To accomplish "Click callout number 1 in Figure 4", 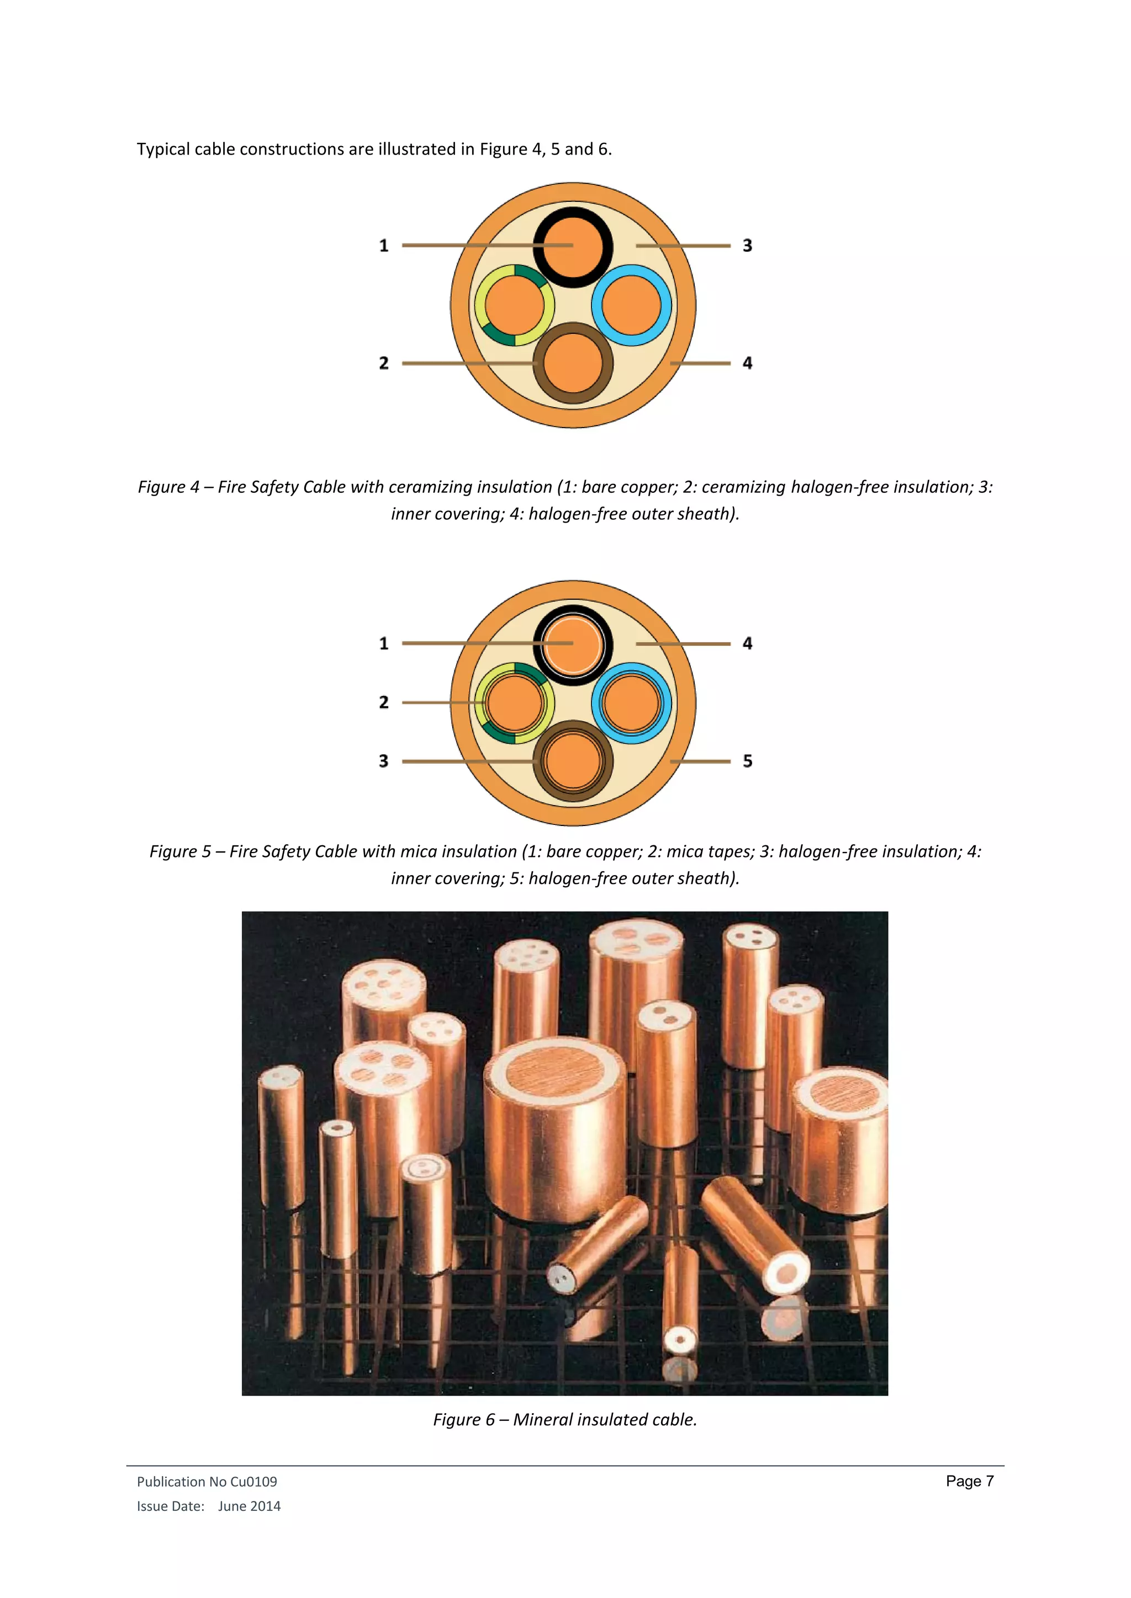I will click(x=384, y=246).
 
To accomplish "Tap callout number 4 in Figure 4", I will click(x=747, y=363).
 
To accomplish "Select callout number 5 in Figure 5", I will click(x=747, y=761).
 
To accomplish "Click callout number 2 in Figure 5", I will click(x=384, y=702).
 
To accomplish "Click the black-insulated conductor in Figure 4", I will click(x=573, y=247).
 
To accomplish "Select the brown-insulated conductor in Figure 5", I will click(x=573, y=761).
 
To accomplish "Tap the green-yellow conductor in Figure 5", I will click(x=515, y=703).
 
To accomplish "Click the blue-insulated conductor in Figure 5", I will click(x=631, y=703).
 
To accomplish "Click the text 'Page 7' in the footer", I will click(x=969, y=1481).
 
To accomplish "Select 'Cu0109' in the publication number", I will click(x=253, y=1482).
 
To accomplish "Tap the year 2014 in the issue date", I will click(x=265, y=1506).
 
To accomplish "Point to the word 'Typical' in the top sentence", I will click(x=163, y=150).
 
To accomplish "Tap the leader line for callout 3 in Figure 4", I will click(x=683, y=246).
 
